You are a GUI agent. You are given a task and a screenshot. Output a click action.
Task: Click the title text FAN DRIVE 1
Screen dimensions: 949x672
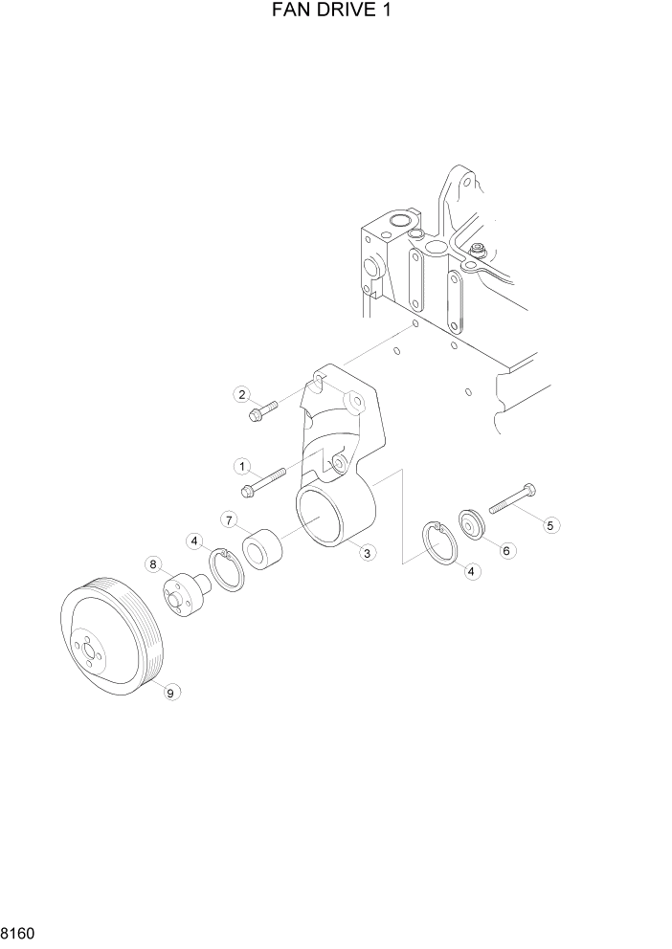pos(335,11)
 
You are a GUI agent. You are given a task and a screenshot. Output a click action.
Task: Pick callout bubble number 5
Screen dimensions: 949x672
pos(550,524)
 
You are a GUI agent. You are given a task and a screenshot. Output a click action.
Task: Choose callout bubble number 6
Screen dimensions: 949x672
pos(507,550)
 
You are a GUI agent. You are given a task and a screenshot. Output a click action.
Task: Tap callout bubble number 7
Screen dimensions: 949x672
pos(230,519)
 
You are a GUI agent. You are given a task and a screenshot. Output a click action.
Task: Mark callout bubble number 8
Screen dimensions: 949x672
pos(153,564)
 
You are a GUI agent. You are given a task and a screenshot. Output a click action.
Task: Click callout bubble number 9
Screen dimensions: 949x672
pos(171,693)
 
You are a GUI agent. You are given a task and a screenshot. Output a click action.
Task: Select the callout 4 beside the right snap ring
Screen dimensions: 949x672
pos(470,570)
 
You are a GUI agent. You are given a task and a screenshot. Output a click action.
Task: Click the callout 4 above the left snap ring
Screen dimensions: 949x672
pos(195,541)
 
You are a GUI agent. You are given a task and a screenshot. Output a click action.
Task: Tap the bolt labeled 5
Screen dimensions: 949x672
pos(512,500)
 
